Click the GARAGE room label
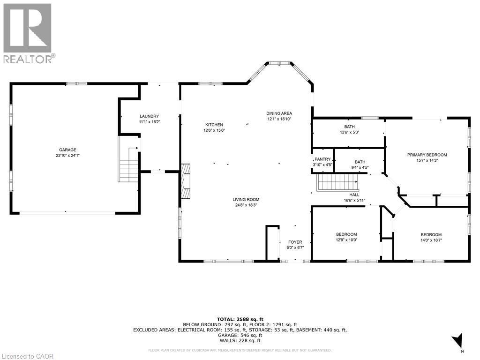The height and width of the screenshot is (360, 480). pyautogui.click(x=67, y=150)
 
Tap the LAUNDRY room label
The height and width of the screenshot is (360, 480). pyautogui.click(x=150, y=116)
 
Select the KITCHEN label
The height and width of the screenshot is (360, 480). pyautogui.click(x=214, y=125)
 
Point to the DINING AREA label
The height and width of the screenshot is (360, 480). pyautogui.click(x=279, y=113)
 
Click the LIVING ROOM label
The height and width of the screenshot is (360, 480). pyautogui.click(x=246, y=200)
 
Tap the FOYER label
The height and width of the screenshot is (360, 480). pyautogui.click(x=295, y=242)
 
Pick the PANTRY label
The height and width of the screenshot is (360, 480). pyautogui.click(x=322, y=159)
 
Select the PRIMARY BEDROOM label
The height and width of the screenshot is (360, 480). pyautogui.click(x=427, y=155)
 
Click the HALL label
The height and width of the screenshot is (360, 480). pyautogui.click(x=354, y=195)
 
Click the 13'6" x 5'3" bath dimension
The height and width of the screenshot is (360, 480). pyautogui.click(x=350, y=132)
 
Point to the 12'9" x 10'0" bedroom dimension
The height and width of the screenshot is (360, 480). pyautogui.click(x=346, y=240)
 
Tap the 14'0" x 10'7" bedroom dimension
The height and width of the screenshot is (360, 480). pyautogui.click(x=431, y=240)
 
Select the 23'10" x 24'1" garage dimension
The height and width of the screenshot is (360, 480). pyautogui.click(x=67, y=155)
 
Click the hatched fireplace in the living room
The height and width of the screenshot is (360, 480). pyautogui.click(x=185, y=181)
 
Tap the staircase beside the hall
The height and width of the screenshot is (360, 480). pyautogui.click(x=337, y=182)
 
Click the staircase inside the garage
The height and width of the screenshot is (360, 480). pyautogui.click(x=129, y=165)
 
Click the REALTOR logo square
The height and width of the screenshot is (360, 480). pyautogui.click(x=27, y=28)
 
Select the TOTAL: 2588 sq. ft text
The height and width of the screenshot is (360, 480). pyautogui.click(x=240, y=319)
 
